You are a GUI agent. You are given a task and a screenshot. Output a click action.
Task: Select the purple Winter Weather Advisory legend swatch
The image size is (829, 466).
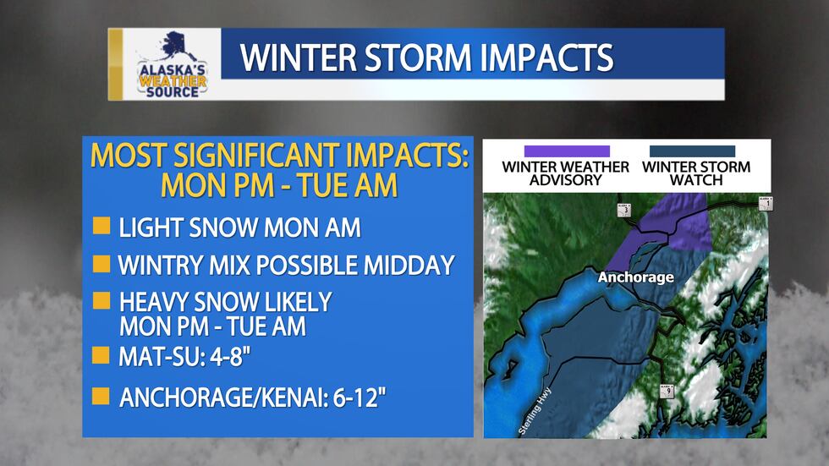(x=566, y=151)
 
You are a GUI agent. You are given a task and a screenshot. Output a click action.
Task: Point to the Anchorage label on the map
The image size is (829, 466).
(x=635, y=277)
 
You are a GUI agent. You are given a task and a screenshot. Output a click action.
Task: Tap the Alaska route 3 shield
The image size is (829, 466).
(x=623, y=211)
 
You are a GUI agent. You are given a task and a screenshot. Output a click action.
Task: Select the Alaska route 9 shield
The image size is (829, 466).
(x=667, y=391)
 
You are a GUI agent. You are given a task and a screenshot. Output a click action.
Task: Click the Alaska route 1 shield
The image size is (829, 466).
(x=766, y=203)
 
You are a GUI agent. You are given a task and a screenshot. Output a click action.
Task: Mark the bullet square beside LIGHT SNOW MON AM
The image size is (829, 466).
(x=101, y=226)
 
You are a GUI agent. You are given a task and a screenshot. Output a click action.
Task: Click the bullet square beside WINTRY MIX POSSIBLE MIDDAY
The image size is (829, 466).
(x=101, y=264)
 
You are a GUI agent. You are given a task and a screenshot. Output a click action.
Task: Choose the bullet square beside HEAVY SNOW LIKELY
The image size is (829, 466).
(x=101, y=301)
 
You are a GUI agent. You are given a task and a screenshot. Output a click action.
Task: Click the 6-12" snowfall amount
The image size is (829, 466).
(x=358, y=397)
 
